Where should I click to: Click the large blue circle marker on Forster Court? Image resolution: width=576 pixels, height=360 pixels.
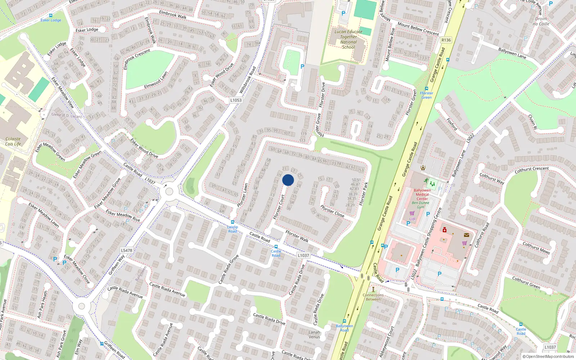pos(288,180)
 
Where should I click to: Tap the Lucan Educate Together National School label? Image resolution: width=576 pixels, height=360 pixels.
pos(348,39)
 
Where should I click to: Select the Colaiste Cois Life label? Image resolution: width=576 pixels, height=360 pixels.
pos(13,141)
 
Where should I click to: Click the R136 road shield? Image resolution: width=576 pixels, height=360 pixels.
pos(446,40)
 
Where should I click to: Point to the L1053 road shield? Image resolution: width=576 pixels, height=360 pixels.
pos(236,100)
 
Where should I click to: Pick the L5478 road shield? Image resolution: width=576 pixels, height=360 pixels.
pos(126,251)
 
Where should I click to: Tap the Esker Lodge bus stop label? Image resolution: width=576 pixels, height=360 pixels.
pos(51,20)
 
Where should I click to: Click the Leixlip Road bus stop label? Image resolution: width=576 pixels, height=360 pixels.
pos(233,229)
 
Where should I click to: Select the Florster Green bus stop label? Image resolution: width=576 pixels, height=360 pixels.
pos(427,95)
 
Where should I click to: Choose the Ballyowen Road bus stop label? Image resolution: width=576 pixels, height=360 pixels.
pos(344,328)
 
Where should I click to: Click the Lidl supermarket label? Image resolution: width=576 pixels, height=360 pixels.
pos(412,219)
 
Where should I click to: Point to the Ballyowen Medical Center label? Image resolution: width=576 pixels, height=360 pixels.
pos(422,194)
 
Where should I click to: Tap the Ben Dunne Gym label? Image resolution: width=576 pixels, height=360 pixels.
pos(420,205)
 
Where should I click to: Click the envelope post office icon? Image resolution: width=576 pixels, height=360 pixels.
pos(467,235)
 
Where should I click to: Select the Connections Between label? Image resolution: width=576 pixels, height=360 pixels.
pos(373,297)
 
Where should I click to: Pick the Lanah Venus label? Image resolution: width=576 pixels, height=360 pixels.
pos(314,334)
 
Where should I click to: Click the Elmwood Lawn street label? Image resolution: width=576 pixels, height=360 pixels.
pos(156,80)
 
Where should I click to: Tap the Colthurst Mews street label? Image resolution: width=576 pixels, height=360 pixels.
pos(536,248)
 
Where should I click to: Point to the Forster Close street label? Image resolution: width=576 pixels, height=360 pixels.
pos(332,211)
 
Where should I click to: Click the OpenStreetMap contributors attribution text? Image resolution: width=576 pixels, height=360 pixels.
pos(548,357)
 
